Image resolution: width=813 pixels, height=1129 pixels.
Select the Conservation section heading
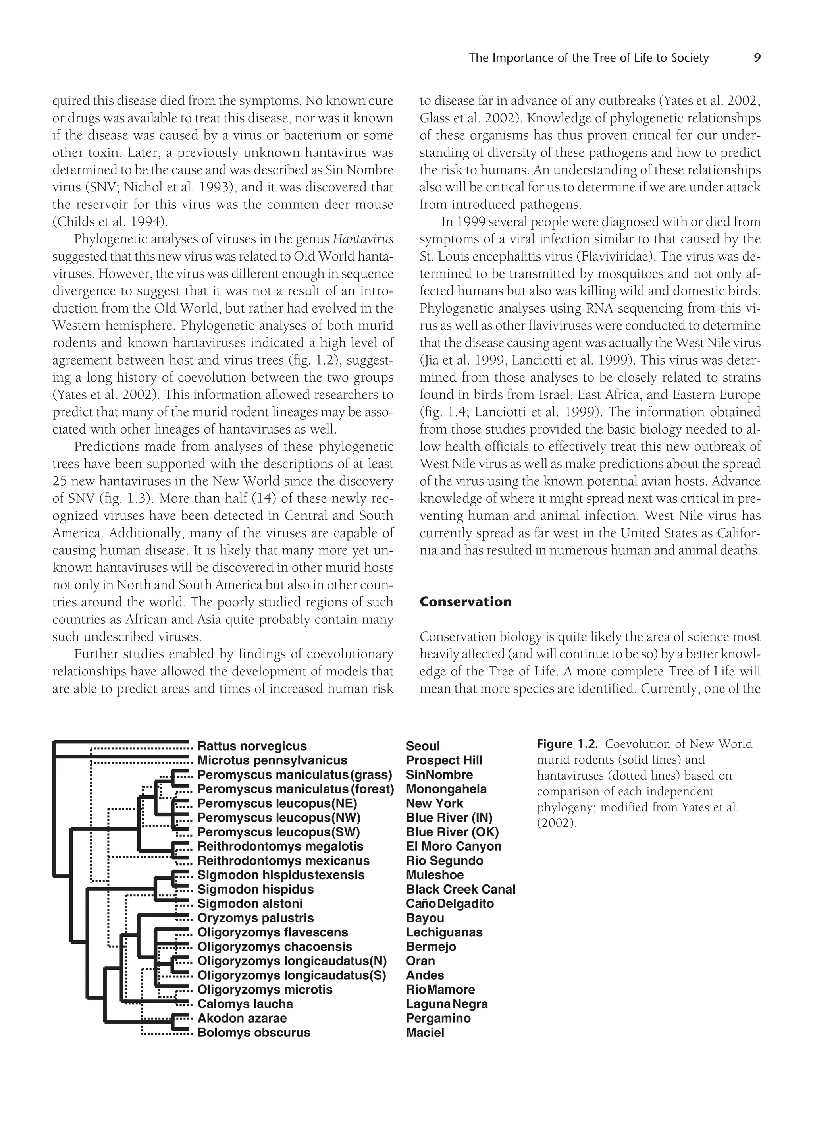pyautogui.click(x=465, y=602)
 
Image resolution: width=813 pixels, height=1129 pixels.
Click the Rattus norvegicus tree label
pyautogui.click(x=252, y=746)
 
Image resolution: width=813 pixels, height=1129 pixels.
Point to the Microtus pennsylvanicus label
pyautogui.click(x=272, y=760)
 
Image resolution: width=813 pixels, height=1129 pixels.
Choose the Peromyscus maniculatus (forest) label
pyautogui.click(x=295, y=789)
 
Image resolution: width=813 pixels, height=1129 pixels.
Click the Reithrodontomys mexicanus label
pyautogui.click(x=283, y=861)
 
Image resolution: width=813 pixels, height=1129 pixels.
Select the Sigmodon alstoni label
pyautogui.click(x=250, y=903)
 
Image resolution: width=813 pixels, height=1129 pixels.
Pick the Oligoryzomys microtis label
pyautogui.click(x=265, y=990)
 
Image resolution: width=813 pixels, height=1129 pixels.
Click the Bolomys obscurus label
pyautogui.click(x=254, y=1033)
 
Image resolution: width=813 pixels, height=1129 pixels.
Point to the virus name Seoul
pyautogui.click(x=423, y=746)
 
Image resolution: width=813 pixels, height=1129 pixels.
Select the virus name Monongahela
pyautogui.click(x=446, y=789)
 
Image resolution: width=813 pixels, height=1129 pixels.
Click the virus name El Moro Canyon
pyautogui.click(x=453, y=846)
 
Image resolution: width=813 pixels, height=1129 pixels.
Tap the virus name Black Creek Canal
pyautogui.click(x=460, y=889)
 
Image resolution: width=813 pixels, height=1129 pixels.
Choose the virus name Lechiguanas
pyautogui.click(x=444, y=932)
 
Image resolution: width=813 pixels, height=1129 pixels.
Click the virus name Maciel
pyautogui.click(x=425, y=1033)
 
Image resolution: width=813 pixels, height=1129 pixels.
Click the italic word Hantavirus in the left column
pyautogui.click(x=363, y=239)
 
